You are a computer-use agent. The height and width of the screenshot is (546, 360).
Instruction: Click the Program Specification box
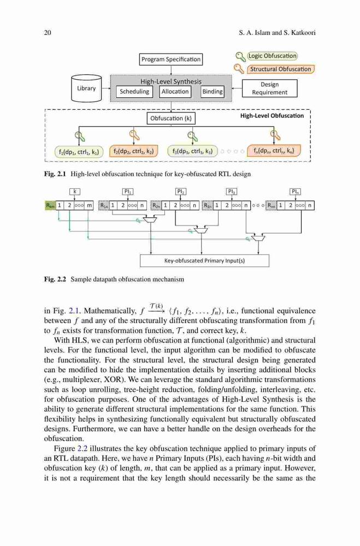coord(171,59)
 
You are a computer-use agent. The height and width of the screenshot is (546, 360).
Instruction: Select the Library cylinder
coord(86,88)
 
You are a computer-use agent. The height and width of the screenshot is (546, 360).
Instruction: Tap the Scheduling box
coord(134,92)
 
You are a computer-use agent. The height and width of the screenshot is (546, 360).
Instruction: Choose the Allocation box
coord(175,92)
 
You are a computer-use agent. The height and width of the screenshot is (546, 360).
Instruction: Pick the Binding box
coord(213,92)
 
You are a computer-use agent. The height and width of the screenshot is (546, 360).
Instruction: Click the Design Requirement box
coord(269,88)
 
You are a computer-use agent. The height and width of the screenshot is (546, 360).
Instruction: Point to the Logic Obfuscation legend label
coord(272,56)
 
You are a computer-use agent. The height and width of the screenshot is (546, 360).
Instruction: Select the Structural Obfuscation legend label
coord(281,69)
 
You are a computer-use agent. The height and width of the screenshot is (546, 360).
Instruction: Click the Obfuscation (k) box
coord(171,118)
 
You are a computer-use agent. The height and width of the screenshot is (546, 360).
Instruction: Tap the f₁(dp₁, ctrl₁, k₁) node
coord(79,152)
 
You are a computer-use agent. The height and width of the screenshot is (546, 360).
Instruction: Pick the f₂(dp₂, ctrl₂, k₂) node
coord(133,151)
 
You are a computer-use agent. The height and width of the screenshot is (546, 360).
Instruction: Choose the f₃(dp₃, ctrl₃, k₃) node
coord(192,151)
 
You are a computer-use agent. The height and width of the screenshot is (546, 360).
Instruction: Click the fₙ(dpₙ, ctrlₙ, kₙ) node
coord(274,151)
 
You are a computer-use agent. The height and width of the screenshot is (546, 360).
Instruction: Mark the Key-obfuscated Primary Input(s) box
coord(204,260)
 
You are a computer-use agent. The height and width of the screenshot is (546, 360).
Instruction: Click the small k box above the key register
coord(75,191)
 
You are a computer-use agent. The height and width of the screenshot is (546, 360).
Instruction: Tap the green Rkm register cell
coord(50,205)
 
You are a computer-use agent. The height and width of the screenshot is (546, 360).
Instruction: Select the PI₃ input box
coord(232,191)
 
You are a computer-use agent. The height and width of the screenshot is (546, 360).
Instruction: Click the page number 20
coord(48,33)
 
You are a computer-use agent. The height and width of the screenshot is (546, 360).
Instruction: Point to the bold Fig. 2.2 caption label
coord(55,279)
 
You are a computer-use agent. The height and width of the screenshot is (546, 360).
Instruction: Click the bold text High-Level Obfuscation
coord(272,116)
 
